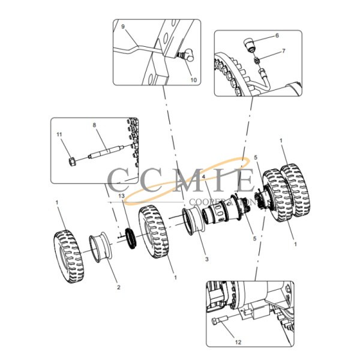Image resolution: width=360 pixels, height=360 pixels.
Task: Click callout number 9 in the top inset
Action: coord(123,28)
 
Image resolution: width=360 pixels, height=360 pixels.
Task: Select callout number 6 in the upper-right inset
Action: coord(277,36)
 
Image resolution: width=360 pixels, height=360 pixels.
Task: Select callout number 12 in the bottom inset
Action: coord(238,343)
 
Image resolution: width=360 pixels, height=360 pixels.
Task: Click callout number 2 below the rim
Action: coord(118,287)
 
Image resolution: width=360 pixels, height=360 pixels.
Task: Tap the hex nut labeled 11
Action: coord(71,163)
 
